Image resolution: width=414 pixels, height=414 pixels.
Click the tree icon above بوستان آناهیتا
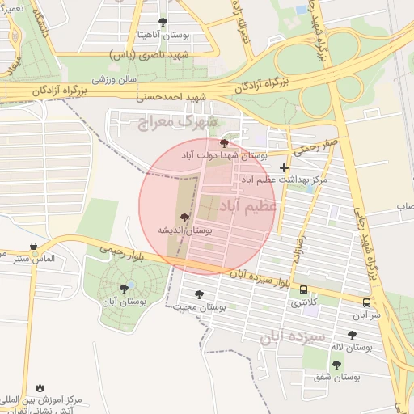point(163,22)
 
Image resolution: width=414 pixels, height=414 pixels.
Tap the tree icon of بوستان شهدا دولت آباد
point(224,143)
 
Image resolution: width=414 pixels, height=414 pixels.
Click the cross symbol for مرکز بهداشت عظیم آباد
point(283,167)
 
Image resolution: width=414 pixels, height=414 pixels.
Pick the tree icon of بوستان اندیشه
point(185,218)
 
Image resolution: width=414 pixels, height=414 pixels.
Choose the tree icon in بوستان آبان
point(124,288)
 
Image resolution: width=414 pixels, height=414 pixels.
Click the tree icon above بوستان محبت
point(199,295)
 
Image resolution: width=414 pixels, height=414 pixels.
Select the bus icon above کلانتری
point(303,289)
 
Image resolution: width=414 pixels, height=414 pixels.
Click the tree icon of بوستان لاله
point(351,335)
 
